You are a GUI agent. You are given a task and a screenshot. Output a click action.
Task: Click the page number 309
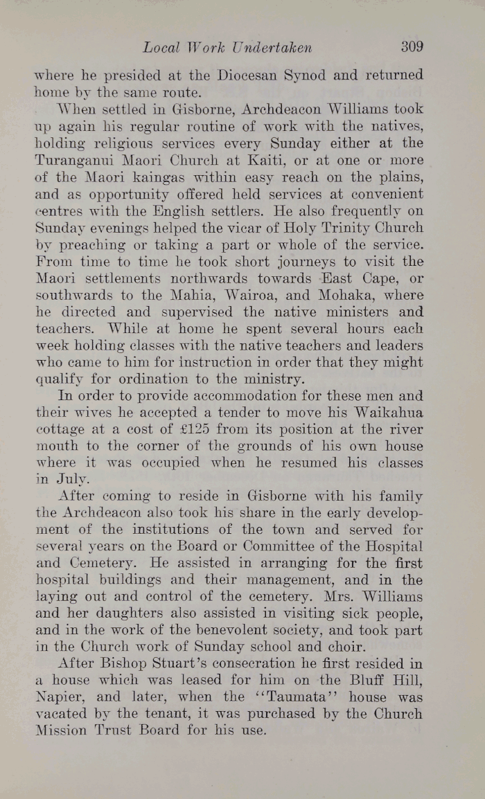[x=411, y=47]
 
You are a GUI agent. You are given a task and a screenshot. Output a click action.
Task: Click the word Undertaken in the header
[x=272, y=48]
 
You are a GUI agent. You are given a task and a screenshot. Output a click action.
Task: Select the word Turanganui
[x=75, y=160]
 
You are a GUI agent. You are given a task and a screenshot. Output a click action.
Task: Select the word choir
[x=346, y=648]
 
